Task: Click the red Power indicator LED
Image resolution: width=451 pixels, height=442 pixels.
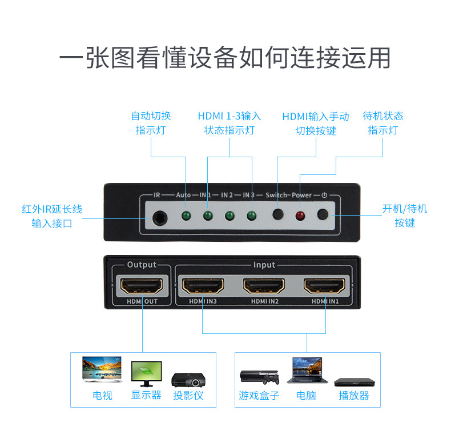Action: pos(300,216)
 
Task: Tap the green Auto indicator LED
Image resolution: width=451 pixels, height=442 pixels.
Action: pos(185,216)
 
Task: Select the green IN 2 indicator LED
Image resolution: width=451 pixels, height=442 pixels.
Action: pos(229,216)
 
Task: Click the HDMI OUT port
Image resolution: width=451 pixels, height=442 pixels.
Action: pos(140,285)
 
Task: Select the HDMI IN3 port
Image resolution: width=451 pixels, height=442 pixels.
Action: pos(203,285)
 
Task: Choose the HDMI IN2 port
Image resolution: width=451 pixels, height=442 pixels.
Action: pos(264,285)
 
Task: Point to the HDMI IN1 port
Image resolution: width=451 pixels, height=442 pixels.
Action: pos(326,285)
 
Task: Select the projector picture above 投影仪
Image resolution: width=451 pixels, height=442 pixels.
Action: pos(188,379)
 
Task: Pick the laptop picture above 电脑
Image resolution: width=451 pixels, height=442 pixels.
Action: pos(306,371)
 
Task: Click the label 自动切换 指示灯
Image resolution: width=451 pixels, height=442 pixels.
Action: pos(151,123)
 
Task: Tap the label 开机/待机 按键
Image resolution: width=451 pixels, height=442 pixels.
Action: pos(404,216)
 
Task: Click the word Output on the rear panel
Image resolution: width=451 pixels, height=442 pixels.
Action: pos(141,265)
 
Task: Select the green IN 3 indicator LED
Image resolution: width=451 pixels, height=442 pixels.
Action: pos(251,216)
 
